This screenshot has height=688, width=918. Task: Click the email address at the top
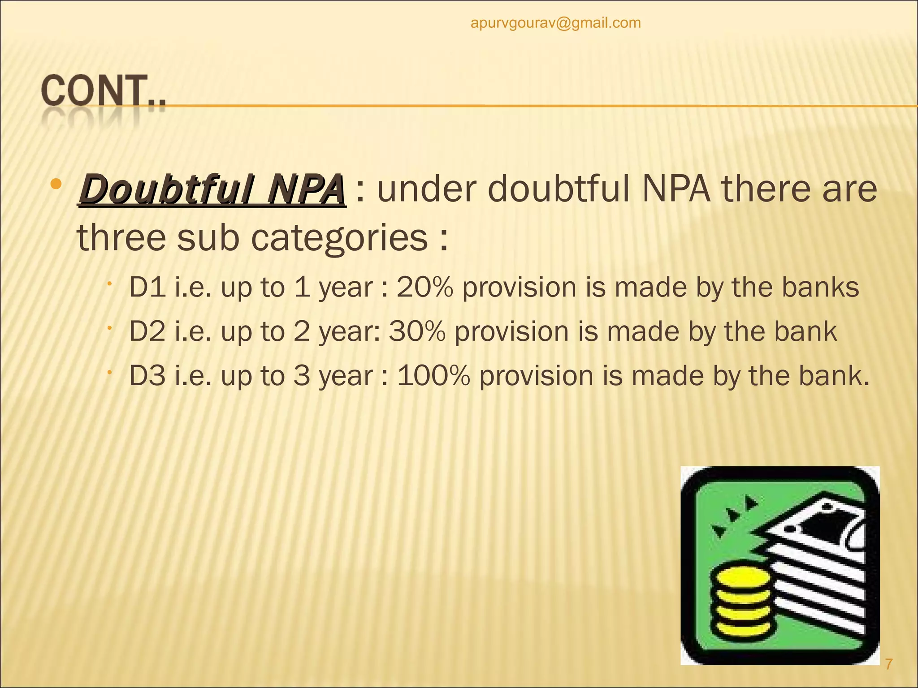(555, 23)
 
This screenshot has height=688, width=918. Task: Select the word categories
(339, 238)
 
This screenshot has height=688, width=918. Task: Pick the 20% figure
(425, 288)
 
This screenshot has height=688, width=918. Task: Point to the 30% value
(417, 332)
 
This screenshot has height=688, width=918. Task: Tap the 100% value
(433, 376)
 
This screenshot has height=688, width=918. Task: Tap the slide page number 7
(889, 663)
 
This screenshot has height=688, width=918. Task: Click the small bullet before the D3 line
(109, 372)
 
